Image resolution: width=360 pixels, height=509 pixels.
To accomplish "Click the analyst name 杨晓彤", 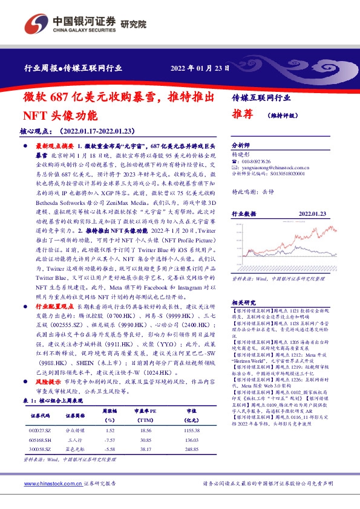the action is click(x=241, y=154).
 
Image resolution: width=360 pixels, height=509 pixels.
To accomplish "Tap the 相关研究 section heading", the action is click(x=244, y=302).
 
